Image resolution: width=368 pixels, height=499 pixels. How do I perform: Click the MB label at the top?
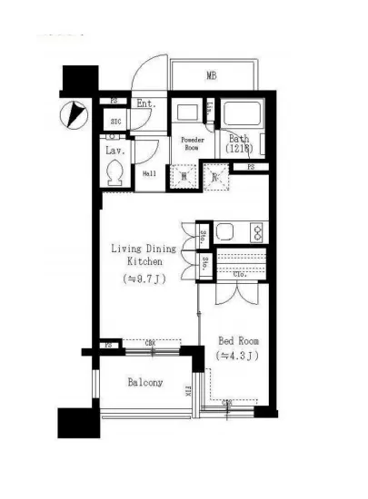211,75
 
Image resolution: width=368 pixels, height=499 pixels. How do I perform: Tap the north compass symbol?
73,114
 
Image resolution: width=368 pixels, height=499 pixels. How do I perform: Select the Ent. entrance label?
145,104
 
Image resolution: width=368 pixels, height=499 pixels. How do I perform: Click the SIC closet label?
116,121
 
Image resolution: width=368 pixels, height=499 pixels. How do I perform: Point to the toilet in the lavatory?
115,172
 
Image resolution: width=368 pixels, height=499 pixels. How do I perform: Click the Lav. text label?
114,150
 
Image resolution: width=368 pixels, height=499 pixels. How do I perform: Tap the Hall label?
148,174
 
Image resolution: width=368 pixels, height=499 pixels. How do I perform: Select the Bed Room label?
238,341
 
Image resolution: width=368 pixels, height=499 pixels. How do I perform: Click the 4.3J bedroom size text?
238,356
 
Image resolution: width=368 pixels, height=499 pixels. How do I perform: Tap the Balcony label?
145,382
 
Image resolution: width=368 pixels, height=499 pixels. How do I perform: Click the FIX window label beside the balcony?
188,393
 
